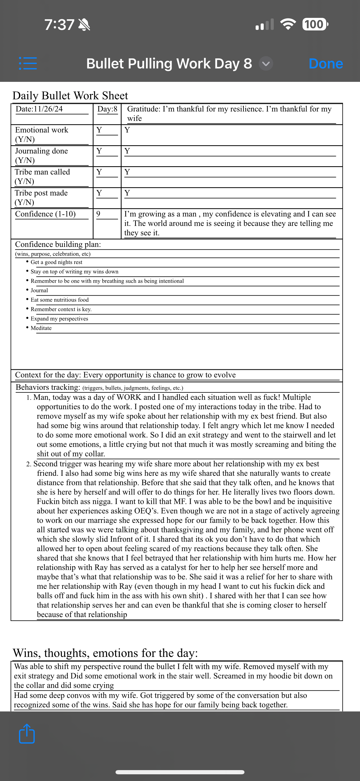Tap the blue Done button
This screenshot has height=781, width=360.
[x=326, y=64]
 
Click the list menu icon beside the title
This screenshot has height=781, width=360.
[x=28, y=63]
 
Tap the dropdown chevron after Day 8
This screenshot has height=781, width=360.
[x=266, y=64]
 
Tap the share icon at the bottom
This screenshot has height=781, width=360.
[x=27, y=734]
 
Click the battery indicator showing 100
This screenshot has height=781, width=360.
[x=315, y=24]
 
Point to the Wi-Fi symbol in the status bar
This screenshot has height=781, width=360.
[x=288, y=24]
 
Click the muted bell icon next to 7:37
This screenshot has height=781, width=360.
[x=84, y=25]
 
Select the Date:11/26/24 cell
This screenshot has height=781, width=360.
[x=39, y=109]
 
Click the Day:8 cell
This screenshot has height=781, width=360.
[x=107, y=109]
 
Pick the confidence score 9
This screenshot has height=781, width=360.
[x=98, y=214]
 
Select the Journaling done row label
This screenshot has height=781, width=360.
[x=42, y=156]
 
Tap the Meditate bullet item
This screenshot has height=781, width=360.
[x=41, y=328]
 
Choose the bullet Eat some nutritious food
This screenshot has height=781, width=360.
[x=59, y=300]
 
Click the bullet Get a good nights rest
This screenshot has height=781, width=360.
[x=56, y=262]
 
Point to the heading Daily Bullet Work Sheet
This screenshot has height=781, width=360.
[x=70, y=96]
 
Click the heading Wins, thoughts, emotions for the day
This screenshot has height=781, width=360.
[x=105, y=653]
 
